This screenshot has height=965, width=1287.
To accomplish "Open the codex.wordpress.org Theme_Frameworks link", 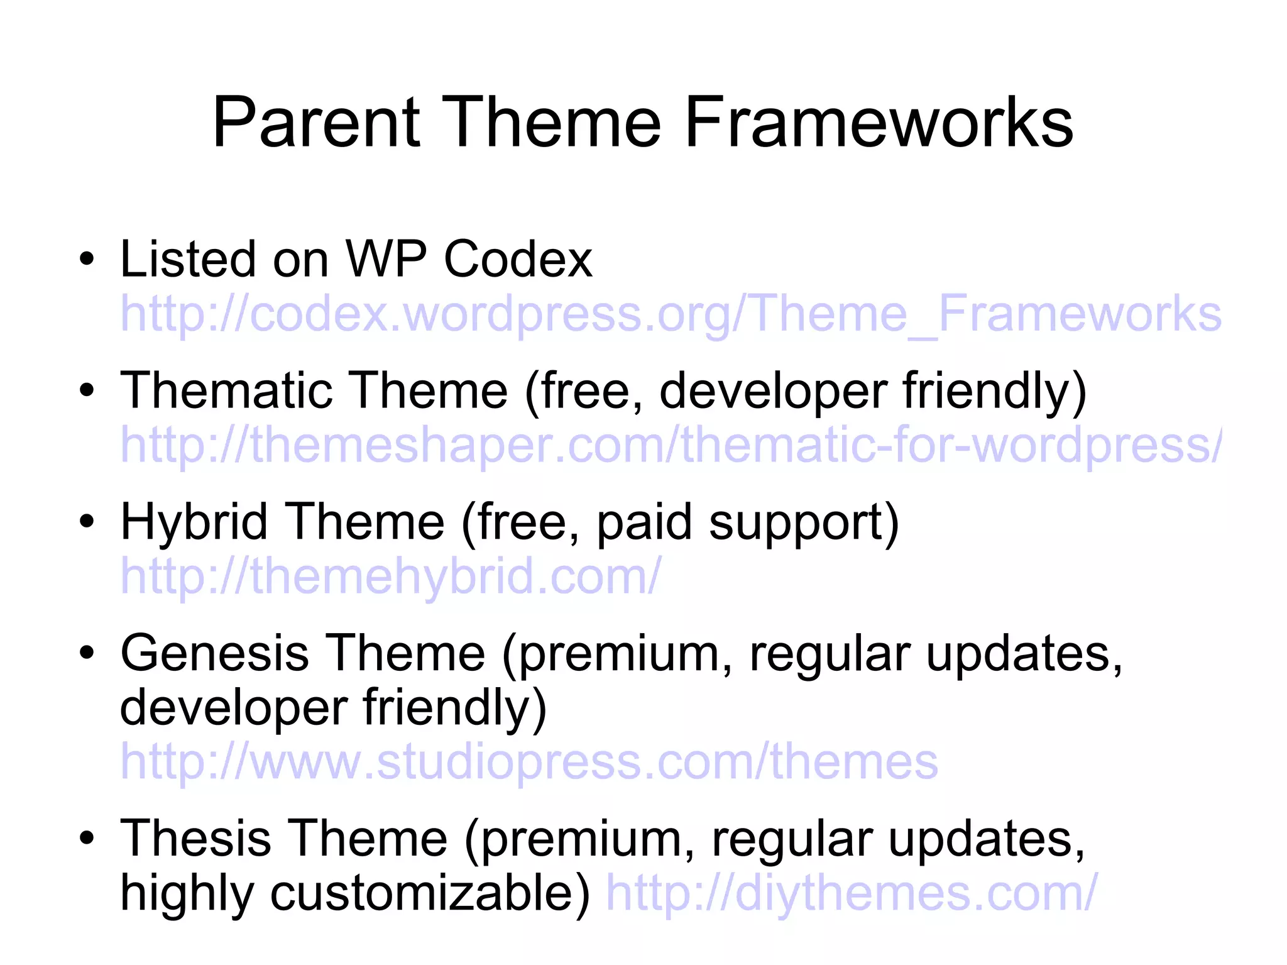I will [671, 314].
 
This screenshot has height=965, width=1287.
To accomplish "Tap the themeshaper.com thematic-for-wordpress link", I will [671, 445].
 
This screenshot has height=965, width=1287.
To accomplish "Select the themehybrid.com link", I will [390, 576].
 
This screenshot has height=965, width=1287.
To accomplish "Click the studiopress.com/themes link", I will [528, 762].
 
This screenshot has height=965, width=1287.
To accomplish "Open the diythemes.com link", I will [851, 893].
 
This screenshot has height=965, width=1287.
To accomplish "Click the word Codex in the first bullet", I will [518, 259].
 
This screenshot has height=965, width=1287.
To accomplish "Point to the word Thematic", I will [226, 390].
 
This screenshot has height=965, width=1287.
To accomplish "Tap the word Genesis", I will [215, 653].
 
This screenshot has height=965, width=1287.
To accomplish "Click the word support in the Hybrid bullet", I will [804, 523].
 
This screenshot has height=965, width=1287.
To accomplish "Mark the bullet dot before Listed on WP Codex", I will [87, 260].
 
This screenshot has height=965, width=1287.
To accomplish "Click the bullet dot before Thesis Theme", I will [87, 839].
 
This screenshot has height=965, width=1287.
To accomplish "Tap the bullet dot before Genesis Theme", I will [87, 654].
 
